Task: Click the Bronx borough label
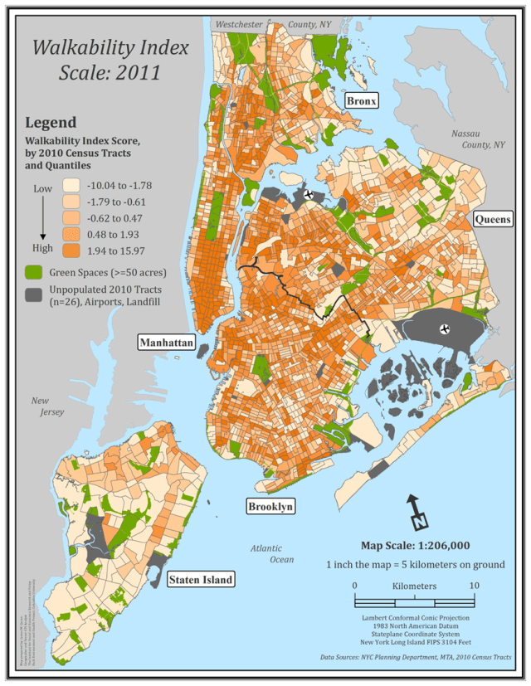[362, 101]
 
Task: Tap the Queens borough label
[491, 219]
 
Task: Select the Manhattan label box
[167, 342]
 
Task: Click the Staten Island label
[200, 579]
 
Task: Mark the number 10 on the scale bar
[475, 586]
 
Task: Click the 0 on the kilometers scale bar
[355, 586]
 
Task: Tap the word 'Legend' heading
[51, 123]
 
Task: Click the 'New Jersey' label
[46, 406]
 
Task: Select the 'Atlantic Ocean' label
[268, 553]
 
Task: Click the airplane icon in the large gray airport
[446, 328]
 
